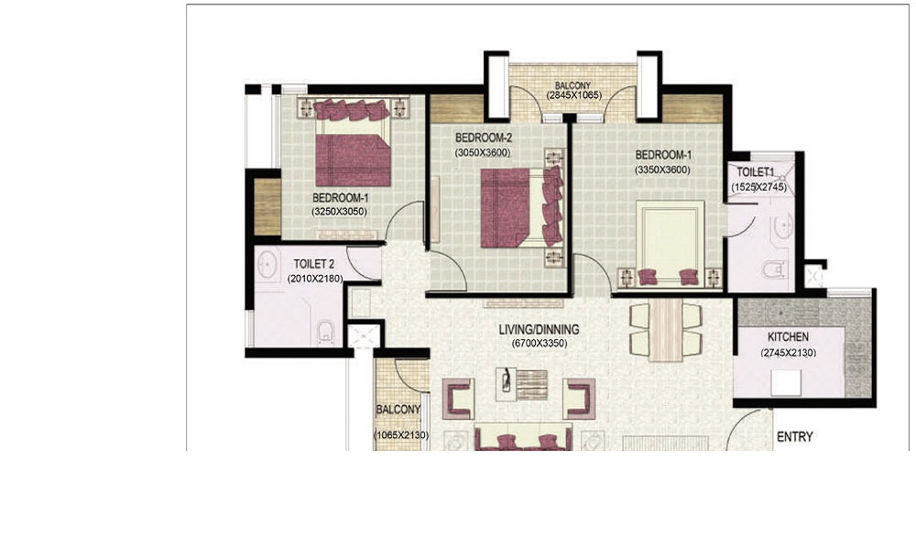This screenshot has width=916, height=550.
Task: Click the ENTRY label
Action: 794,436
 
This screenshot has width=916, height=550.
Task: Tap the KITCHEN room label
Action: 788,337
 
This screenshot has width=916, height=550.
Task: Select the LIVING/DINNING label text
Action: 539,330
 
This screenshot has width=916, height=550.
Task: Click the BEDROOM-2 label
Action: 483,137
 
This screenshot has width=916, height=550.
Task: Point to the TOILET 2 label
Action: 313,265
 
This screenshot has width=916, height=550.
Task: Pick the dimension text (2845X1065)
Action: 573,94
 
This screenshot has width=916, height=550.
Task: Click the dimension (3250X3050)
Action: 340,212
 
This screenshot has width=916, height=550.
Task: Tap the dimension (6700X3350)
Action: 540,344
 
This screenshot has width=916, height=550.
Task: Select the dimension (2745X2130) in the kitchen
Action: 788,353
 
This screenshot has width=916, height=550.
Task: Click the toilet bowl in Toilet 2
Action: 325,333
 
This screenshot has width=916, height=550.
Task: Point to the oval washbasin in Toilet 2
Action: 267,265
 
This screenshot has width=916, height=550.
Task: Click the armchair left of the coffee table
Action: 458,398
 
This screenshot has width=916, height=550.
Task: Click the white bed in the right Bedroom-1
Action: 671,244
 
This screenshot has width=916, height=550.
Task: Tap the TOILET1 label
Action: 756,172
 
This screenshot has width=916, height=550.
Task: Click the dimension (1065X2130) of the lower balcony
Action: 401,435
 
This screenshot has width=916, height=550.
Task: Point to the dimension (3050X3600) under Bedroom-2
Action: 483,153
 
